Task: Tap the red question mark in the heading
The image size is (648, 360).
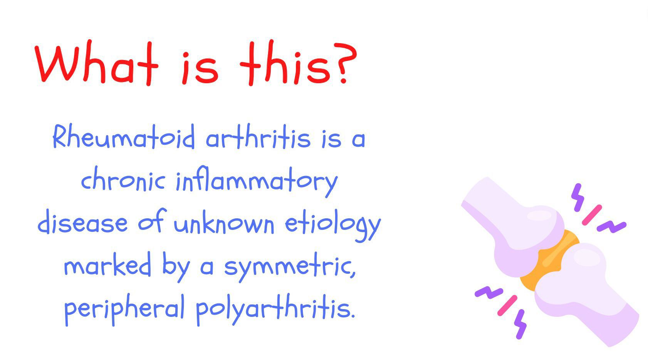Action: click(x=345, y=63)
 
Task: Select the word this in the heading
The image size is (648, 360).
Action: click(x=285, y=63)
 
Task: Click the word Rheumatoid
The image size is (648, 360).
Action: click(x=124, y=136)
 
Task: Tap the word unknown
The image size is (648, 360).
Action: click(x=224, y=222)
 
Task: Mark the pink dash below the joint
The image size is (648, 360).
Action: click(x=507, y=305)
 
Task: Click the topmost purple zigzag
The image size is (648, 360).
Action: click(x=578, y=197)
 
